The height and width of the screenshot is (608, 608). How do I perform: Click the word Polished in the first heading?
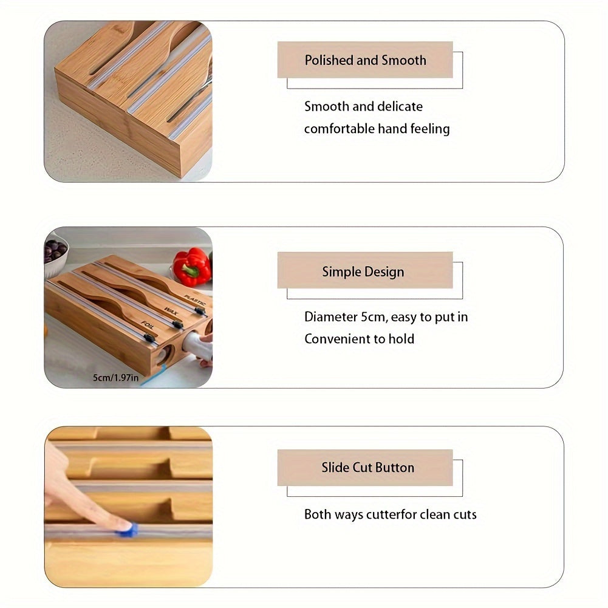(x=328, y=60)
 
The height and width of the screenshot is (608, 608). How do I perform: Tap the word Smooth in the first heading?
(x=404, y=60)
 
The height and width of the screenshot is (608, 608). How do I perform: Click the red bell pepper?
(x=191, y=266)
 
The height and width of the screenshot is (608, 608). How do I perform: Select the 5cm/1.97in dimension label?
(x=115, y=378)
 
